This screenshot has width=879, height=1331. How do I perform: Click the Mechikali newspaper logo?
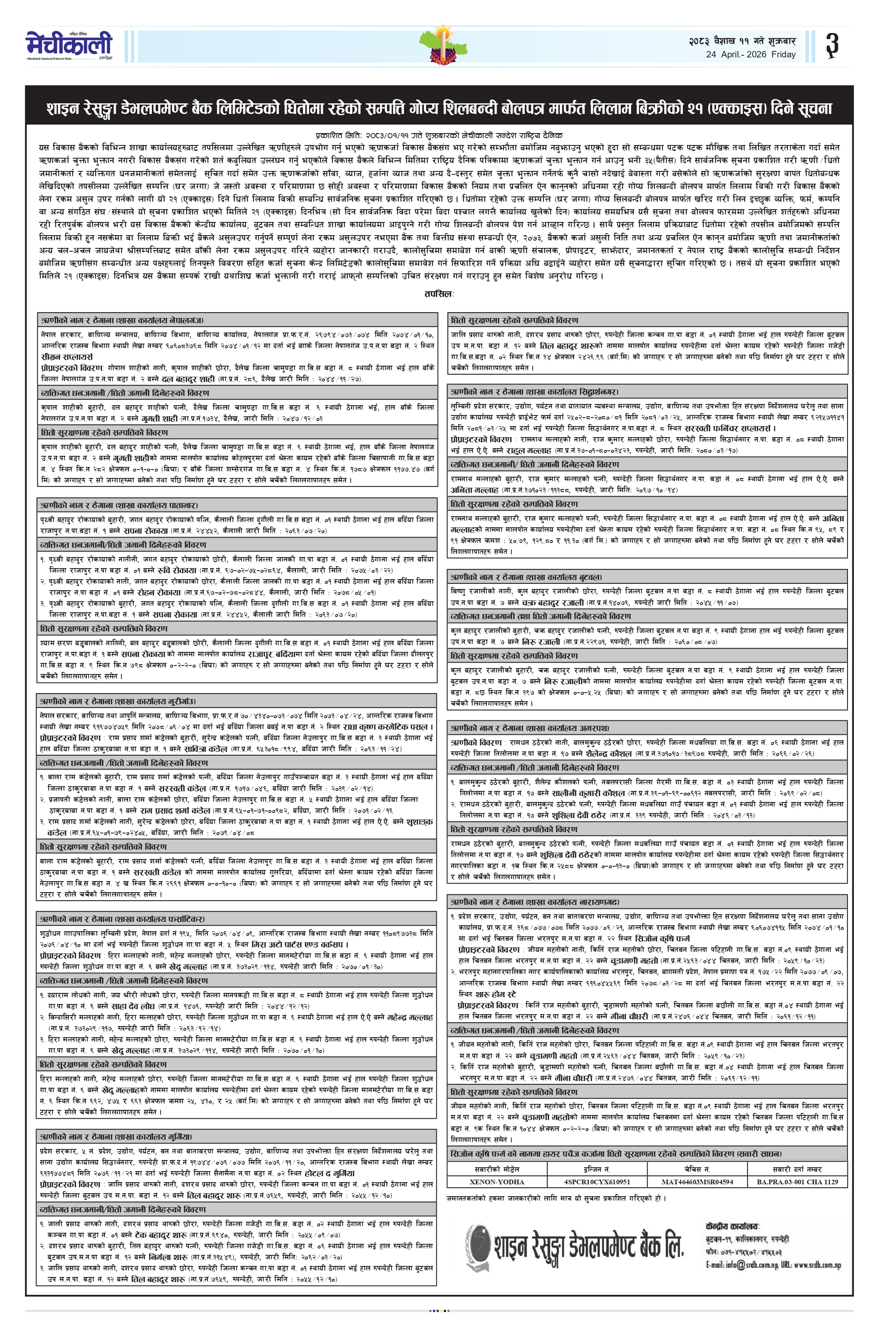click(x=68, y=45)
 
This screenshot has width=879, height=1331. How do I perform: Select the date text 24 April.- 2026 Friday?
click(x=751, y=54)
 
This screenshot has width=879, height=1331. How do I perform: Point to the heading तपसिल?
click(x=439, y=294)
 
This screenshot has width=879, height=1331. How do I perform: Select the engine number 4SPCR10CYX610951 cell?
click(x=597, y=1182)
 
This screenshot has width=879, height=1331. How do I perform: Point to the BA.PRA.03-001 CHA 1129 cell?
click(x=797, y=1182)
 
